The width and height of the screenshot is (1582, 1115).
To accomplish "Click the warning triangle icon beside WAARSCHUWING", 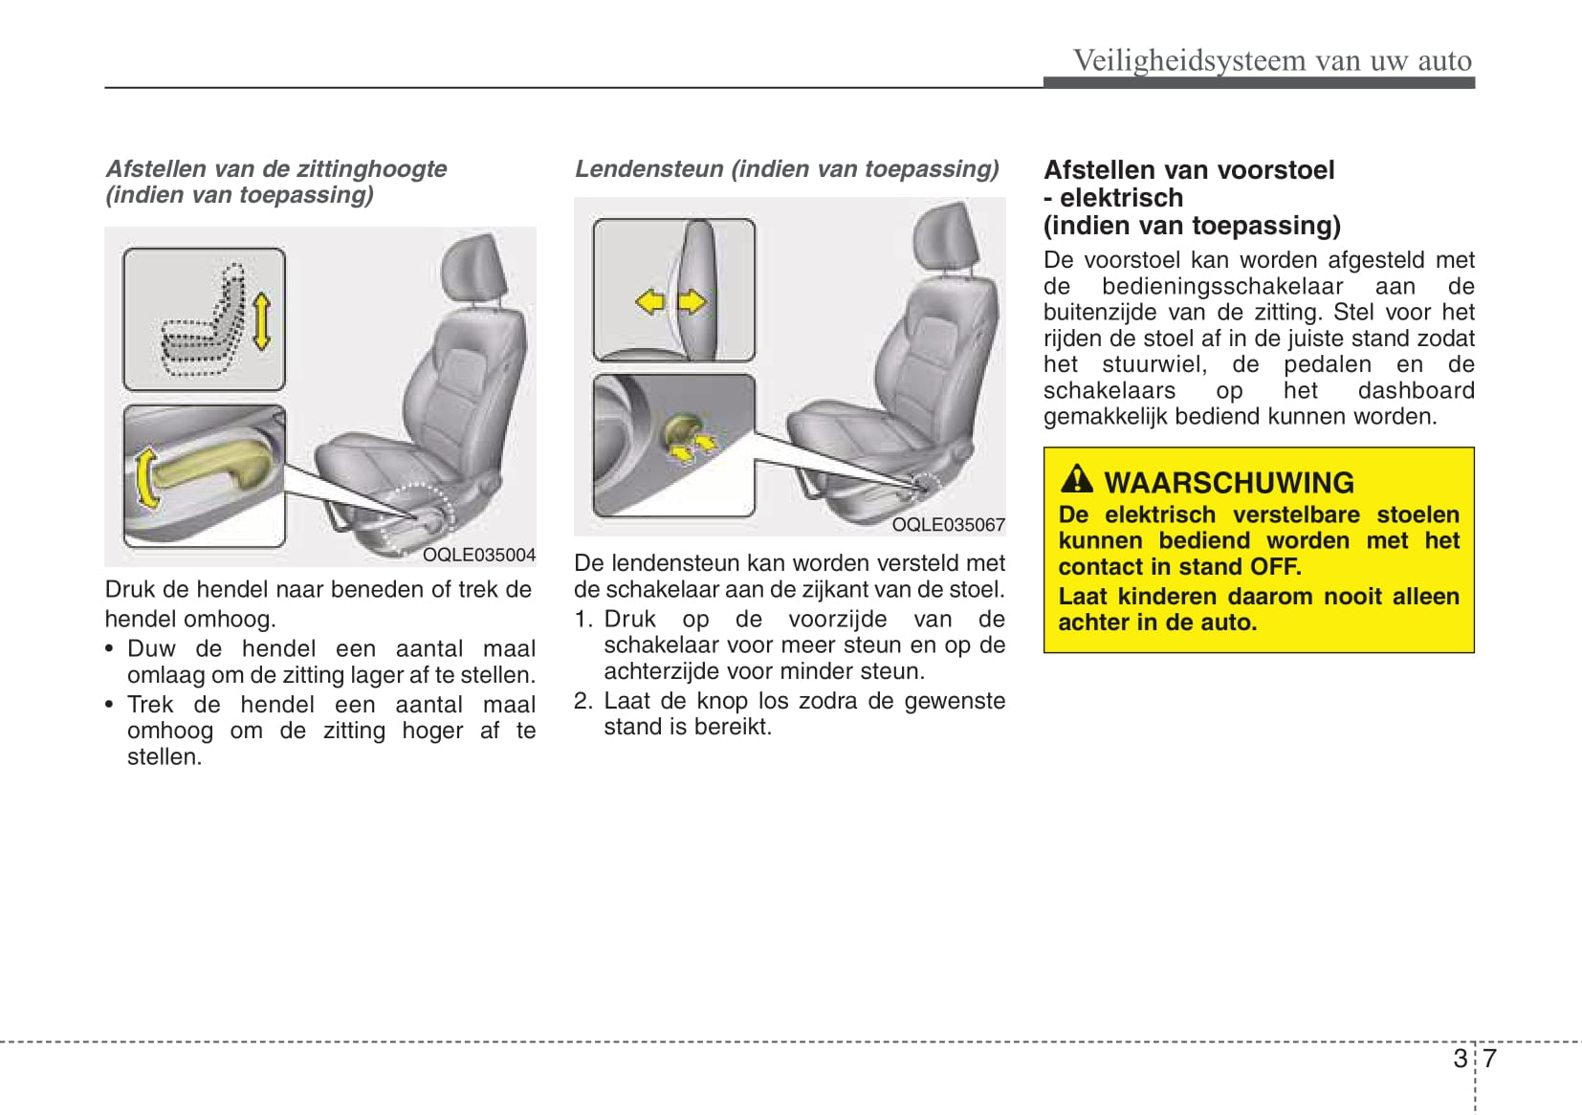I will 1077,479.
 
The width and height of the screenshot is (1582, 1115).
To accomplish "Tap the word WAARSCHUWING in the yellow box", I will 1229,483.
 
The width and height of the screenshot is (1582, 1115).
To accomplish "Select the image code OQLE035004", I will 479,555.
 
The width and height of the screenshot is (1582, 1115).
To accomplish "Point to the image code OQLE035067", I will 948,525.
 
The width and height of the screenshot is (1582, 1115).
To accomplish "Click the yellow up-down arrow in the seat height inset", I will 261,320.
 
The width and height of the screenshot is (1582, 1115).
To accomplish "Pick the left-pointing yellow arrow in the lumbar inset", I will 650,302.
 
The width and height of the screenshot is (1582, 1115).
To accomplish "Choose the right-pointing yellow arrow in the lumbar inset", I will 692,302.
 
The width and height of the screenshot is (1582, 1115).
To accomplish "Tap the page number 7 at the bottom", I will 1489,1059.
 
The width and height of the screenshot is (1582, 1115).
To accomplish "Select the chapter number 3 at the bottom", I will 1460,1059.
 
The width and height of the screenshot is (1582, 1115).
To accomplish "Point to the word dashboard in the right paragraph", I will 1416,390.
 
